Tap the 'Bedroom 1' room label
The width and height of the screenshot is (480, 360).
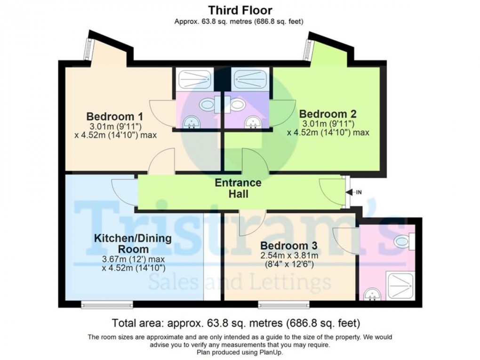pyautogui.click(x=114, y=116)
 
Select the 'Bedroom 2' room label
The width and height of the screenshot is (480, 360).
pyautogui.click(x=328, y=113)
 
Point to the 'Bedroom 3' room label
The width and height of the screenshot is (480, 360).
pyautogui.click(x=288, y=246)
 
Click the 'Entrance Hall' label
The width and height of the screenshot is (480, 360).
pyautogui.click(x=238, y=188)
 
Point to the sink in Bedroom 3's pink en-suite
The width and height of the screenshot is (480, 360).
pyautogui.click(x=373, y=295)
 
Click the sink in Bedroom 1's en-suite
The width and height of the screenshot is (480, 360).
pyautogui.click(x=192, y=122)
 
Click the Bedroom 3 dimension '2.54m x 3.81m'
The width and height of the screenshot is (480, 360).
pyautogui.click(x=288, y=256)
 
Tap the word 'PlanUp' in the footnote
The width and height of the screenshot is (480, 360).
pyautogui.click(x=270, y=352)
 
